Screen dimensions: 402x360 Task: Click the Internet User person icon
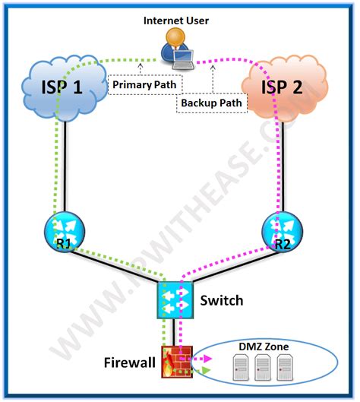coord(177,46)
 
